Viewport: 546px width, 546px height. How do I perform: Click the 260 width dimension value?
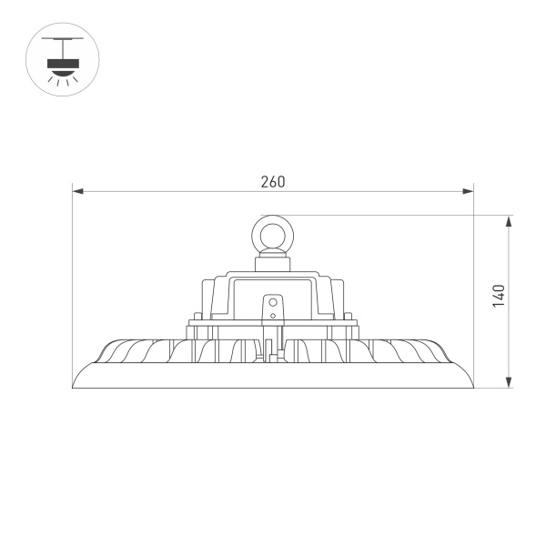[x=272, y=181]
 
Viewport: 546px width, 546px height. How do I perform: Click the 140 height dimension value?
[x=498, y=296]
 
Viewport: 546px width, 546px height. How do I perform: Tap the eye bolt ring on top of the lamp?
[x=272, y=236]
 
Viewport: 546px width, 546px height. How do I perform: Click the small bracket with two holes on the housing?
[x=272, y=307]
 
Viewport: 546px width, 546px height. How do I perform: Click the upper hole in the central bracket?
[x=272, y=299]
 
